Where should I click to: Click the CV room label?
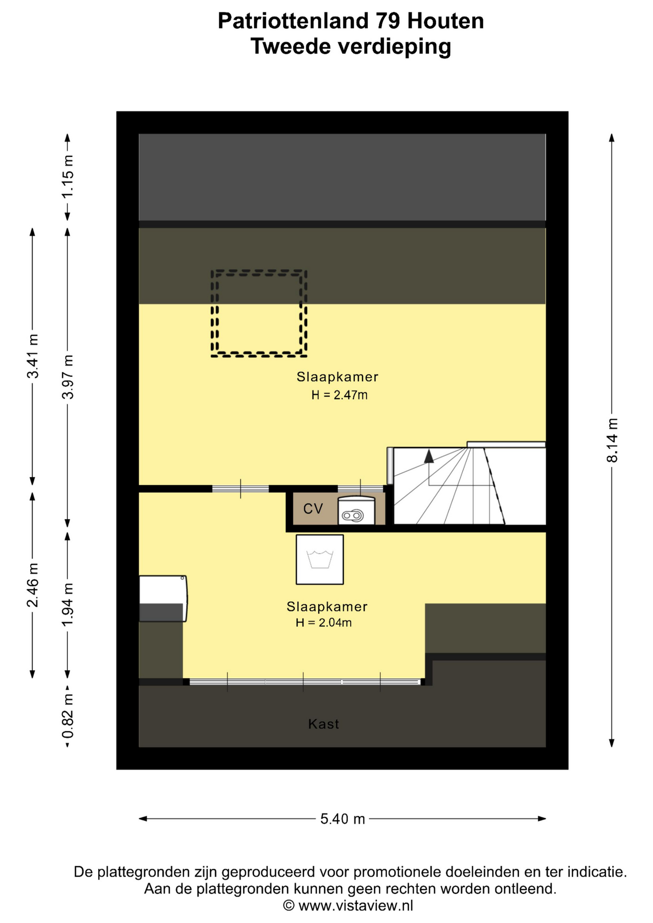tap(313, 509)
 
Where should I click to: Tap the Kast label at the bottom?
tap(324, 724)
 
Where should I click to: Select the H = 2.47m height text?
tap(339, 395)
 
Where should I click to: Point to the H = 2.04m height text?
tap(324, 623)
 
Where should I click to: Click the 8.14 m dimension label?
tap(612, 440)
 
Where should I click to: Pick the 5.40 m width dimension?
tap(343, 819)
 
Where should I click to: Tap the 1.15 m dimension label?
tap(68, 176)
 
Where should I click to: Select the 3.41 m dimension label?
tap(33, 356)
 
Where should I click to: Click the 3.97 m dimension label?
tap(68, 377)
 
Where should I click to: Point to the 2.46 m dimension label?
tap(33, 585)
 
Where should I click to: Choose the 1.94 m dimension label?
tap(68, 605)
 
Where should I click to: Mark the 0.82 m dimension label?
tap(68, 716)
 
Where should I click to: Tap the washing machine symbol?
tap(320, 560)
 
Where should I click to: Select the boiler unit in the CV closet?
tap(356, 511)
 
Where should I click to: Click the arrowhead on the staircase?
tap(428, 456)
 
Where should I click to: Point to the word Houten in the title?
tap(445, 21)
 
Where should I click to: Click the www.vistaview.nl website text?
tap(356, 906)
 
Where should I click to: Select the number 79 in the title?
tap(387, 21)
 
